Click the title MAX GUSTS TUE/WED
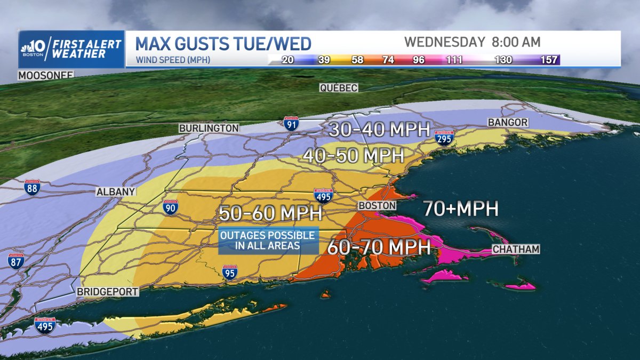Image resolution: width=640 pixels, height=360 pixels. point(223,43)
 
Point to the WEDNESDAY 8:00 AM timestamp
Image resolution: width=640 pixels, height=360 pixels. point(472,42)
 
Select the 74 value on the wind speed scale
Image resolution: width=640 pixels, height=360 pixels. point(388,60)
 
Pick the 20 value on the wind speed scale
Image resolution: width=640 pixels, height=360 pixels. point(287,60)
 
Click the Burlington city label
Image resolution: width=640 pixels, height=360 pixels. point(209,129)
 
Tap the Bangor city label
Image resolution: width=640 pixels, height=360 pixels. point(508,123)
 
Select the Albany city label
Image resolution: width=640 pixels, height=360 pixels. point(116,192)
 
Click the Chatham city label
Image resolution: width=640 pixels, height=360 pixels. point(516,249)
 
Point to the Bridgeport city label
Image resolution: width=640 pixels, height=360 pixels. point(107,292)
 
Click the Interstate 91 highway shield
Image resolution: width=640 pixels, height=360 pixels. point(291,124)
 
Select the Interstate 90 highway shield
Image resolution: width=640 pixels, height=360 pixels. point(170,207)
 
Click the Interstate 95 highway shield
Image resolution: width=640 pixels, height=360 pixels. point(230,273)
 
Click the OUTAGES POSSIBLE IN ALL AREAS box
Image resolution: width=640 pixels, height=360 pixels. point(268,241)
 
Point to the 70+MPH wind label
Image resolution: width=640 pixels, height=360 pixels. point(461,209)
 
